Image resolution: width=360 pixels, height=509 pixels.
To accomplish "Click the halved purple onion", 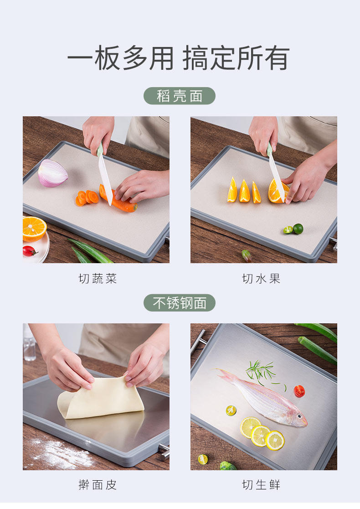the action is pyautogui.click(x=52, y=173).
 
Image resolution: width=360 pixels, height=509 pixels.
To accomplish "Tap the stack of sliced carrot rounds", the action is pyautogui.click(x=87, y=197).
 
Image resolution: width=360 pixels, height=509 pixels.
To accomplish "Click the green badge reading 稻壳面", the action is pyautogui.click(x=180, y=96).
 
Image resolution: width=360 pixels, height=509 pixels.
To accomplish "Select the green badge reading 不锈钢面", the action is pyautogui.click(x=180, y=303).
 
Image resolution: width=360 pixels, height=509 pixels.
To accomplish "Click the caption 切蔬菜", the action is pyautogui.click(x=98, y=279).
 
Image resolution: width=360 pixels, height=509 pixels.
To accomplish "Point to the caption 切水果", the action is pyautogui.click(x=261, y=279).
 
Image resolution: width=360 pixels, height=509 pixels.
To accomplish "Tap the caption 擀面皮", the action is pyautogui.click(x=98, y=485).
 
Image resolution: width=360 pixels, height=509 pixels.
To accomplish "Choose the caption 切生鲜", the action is pyautogui.click(x=261, y=485).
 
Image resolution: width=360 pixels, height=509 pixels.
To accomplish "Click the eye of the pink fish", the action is pyautogui.click(x=300, y=416).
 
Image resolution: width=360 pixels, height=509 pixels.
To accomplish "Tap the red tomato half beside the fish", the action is pyautogui.click(x=299, y=391).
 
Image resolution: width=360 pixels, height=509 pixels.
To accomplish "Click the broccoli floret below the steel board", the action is pyautogui.click(x=228, y=466).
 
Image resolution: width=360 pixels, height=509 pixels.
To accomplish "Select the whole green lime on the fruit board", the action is pyautogui.click(x=298, y=229).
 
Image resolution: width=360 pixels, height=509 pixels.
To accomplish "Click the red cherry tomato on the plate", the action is pyautogui.click(x=29, y=251).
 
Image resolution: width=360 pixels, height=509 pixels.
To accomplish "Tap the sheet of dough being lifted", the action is pyautogui.click(x=101, y=398).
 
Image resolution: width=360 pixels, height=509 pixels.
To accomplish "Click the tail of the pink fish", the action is pyautogui.click(x=226, y=375).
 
